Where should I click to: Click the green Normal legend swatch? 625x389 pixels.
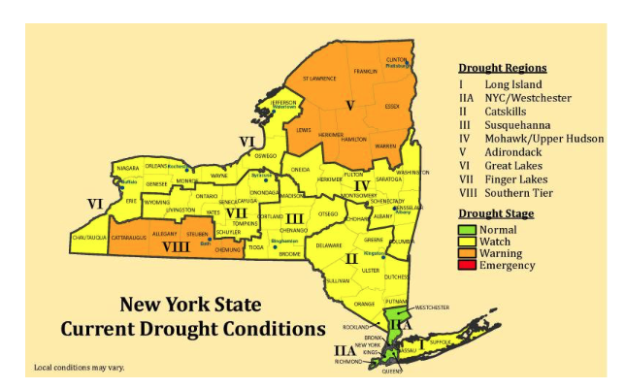point(466,230)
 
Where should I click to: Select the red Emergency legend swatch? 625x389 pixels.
point(466,265)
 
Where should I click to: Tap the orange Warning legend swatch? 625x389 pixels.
point(466,253)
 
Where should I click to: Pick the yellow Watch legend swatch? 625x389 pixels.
point(466,242)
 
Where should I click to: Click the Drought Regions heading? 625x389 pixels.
point(501,68)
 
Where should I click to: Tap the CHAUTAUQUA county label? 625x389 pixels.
point(91,237)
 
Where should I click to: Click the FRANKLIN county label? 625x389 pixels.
point(365,71)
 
